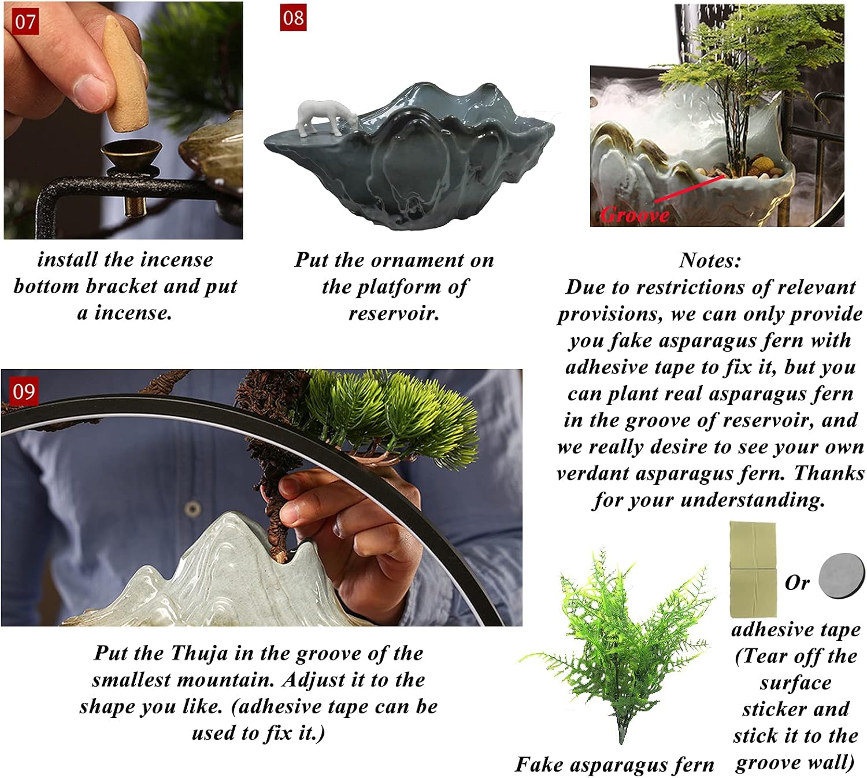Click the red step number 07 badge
25,21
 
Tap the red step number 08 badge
293,17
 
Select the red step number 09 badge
24,390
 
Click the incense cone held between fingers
126,73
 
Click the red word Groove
635,214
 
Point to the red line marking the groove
689,188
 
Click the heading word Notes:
710,260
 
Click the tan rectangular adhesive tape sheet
753,569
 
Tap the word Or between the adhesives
797,582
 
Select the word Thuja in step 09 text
199,653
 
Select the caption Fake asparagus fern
614,765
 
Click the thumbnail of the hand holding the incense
123,120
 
